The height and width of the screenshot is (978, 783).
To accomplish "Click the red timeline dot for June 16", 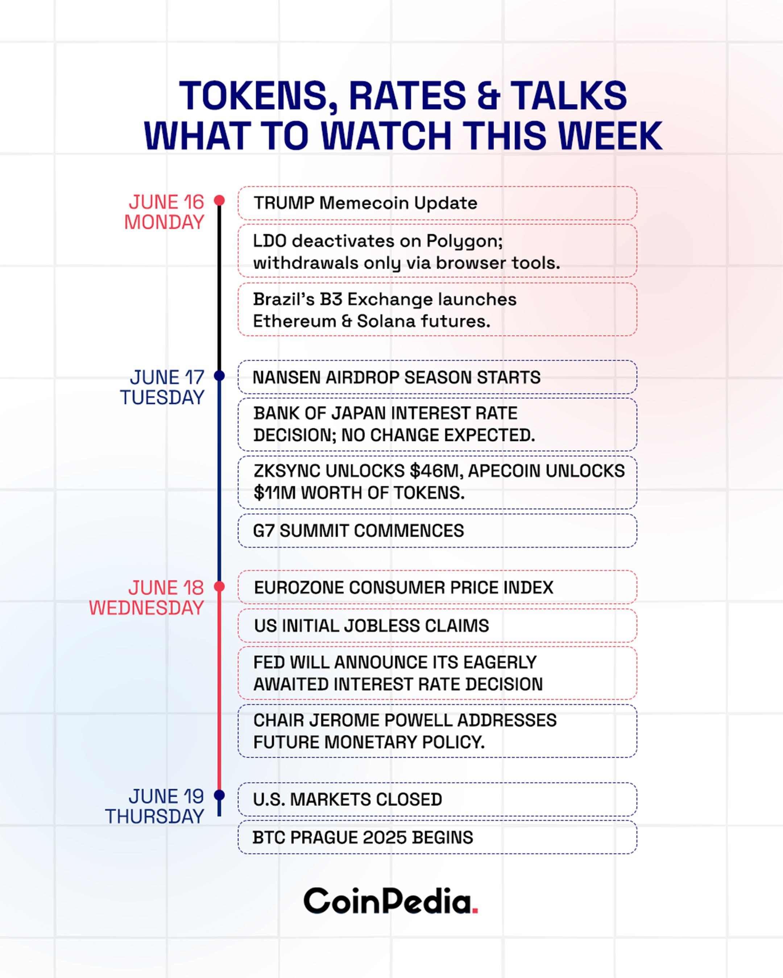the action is (x=220, y=200).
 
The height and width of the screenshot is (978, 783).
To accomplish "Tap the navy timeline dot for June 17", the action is (x=220, y=376).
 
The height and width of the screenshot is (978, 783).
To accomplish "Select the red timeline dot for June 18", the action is (x=220, y=586).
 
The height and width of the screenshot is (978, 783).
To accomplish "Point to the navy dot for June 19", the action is (x=220, y=795).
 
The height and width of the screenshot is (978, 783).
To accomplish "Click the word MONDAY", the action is (x=164, y=222).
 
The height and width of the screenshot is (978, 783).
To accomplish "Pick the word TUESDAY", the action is (x=162, y=397).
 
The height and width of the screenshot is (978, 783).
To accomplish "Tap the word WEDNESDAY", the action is (x=146, y=608).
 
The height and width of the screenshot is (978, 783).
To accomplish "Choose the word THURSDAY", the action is (x=155, y=816).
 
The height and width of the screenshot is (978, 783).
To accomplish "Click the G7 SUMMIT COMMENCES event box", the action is (x=437, y=530).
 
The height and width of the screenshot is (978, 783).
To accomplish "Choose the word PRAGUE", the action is (x=324, y=837).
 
